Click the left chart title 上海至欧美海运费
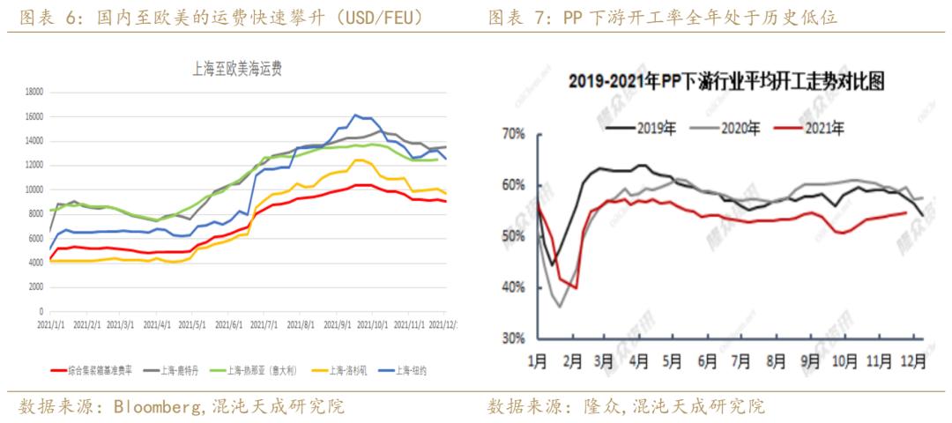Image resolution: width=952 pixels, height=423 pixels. click(x=243, y=67)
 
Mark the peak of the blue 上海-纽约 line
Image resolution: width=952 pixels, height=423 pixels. click(x=355, y=115)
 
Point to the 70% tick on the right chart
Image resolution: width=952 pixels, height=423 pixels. click(x=514, y=135)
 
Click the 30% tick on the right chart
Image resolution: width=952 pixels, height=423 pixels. click(x=514, y=338)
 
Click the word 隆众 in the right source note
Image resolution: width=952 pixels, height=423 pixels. click(x=603, y=406)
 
